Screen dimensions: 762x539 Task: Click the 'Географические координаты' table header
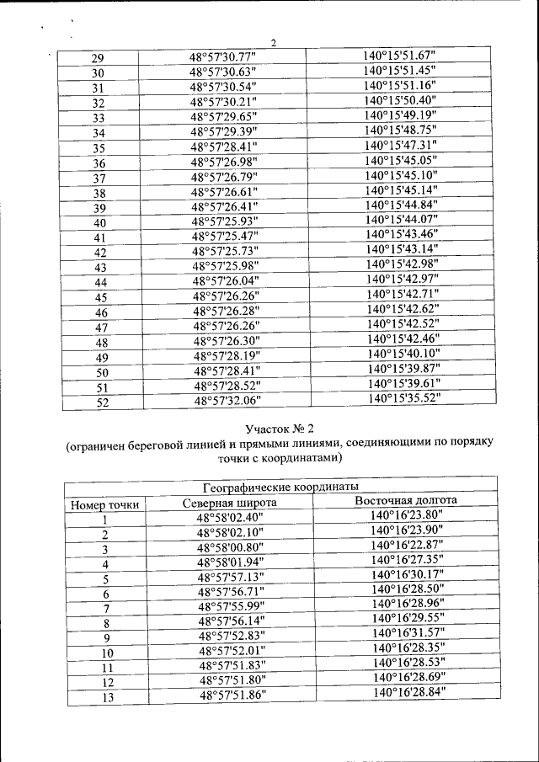(x=281, y=487)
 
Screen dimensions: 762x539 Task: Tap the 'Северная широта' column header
(x=230, y=503)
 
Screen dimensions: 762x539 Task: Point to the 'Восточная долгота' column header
(x=405, y=501)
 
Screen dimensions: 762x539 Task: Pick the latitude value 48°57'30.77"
(x=222, y=57)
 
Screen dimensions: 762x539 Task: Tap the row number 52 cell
(x=102, y=402)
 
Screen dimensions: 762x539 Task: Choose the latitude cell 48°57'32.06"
(x=228, y=402)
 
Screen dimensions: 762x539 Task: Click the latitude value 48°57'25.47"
(x=225, y=237)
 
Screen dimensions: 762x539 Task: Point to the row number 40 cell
(x=99, y=223)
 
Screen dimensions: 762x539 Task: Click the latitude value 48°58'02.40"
(x=230, y=519)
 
